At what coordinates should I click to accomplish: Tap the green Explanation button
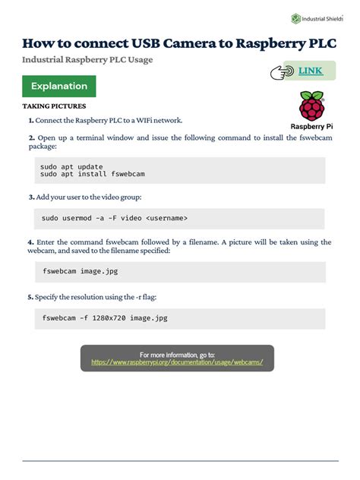coord(59,87)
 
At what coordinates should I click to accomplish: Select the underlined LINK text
coord(310,71)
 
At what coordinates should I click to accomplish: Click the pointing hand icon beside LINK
coord(282,72)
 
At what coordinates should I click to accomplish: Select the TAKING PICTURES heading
coord(54,106)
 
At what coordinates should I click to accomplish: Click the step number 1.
coord(31,120)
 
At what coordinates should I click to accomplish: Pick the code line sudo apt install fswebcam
coord(92,174)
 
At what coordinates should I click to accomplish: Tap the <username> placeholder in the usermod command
coord(166,218)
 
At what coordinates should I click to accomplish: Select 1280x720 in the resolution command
coord(108,317)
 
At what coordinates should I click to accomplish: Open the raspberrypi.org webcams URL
coord(177,362)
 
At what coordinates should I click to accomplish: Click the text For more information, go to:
coord(177,354)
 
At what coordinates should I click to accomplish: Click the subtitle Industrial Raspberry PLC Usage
coord(87,59)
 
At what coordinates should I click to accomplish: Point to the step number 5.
coord(30,297)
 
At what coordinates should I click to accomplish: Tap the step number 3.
coord(32,197)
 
